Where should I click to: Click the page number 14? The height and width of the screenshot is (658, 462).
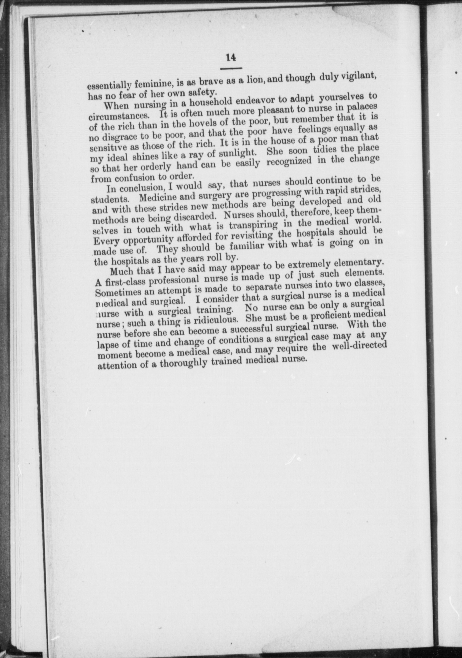(231, 57)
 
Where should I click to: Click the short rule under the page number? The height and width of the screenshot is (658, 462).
(231, 68)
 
